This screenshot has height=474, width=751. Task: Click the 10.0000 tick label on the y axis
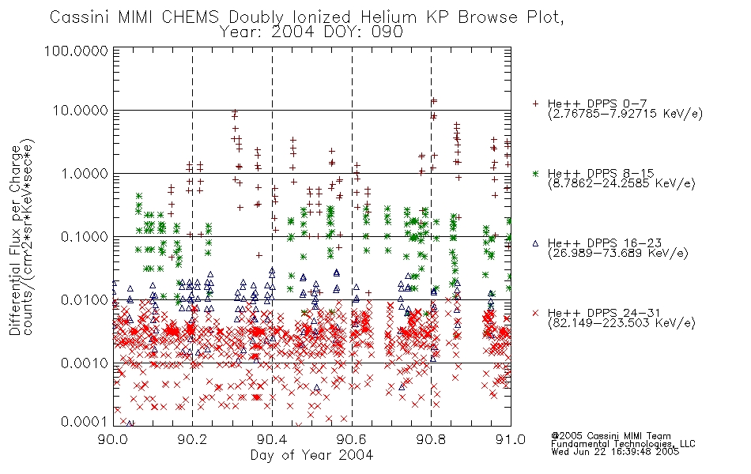tap(80, 111)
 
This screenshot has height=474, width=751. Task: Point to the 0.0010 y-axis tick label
tap(85, 363)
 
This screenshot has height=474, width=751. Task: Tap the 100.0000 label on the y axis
tap(77, 51)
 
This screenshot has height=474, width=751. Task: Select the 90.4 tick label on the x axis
tap(272, 439)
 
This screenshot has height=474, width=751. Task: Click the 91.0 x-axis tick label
tap(511, 439)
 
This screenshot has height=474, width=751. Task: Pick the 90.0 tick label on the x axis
tap(113, 439)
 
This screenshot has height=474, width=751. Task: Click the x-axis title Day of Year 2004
tap(311, 455)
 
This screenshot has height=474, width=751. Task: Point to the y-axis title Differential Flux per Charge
tap(16, 240)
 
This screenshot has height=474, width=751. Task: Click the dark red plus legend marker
tap(536, 103)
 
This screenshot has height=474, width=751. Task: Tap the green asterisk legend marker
tap(536, 173)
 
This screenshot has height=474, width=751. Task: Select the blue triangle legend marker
tap(536, 243)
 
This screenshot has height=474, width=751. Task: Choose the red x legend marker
tap(536, 313)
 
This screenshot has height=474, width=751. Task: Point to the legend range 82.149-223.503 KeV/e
tap(621, 323)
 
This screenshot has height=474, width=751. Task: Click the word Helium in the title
tap(388, 17)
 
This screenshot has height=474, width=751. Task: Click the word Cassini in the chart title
tap(81, 17)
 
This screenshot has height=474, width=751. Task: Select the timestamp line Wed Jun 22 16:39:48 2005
tap(615, 451)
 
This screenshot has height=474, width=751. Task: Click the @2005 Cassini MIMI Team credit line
tap(611, 436)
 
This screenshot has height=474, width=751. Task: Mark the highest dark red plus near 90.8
tap(434, 101)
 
